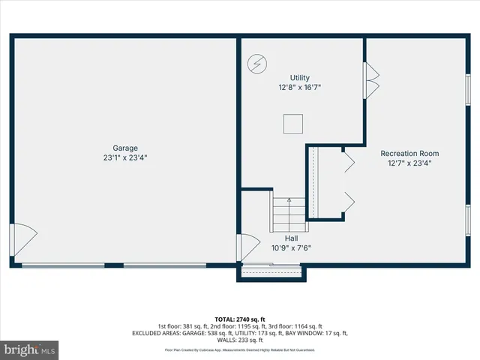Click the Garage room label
(125, 148)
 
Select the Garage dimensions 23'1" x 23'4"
(125, 157)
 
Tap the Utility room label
(300, 78)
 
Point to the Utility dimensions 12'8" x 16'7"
(300, 88)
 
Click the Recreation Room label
(409, 153)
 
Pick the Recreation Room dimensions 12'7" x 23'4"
(409, 163)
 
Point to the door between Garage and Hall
(245, 248)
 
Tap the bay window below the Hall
(271, 272)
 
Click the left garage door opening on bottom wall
(63, 265)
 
